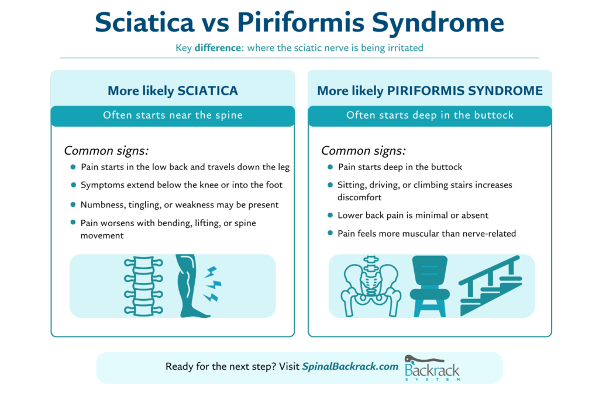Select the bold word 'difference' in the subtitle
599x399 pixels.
point(218,48)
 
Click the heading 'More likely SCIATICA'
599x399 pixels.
point(173,91)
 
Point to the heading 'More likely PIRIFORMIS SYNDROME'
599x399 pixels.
point(430,91)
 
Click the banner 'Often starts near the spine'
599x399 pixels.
point(173,115)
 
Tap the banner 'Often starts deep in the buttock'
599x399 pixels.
point(430,115)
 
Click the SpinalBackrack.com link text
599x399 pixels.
point(350,367)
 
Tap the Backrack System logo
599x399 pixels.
point(432,368)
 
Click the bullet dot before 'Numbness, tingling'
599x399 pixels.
point(73,205)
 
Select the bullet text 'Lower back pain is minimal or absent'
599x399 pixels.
point(412,216)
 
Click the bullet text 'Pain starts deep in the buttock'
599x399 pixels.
point(400,167)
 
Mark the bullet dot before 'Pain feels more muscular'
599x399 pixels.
point(331,233)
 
